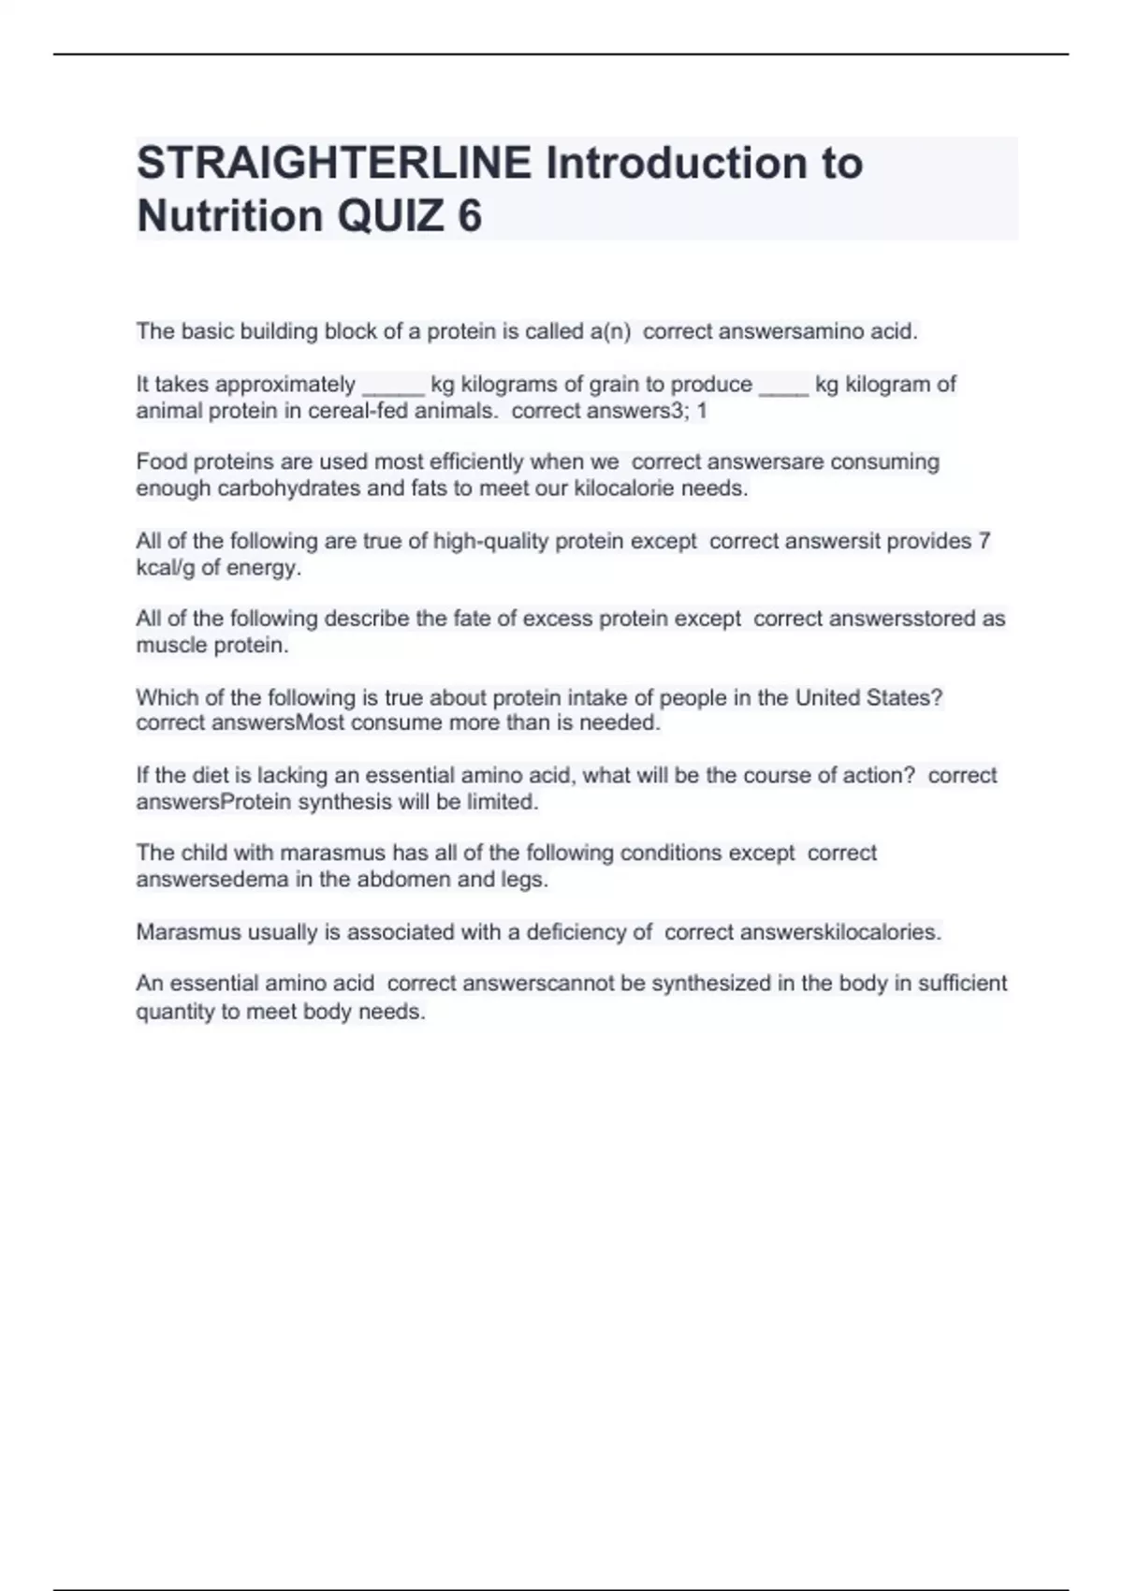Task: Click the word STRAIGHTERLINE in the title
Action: coord(334,163)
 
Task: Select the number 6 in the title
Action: coord(470,216)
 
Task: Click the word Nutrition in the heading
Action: coord(230,216)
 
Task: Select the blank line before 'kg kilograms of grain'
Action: coord(393,386)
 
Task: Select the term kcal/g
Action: coord(166,567)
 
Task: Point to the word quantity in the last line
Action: coord(174,1012)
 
